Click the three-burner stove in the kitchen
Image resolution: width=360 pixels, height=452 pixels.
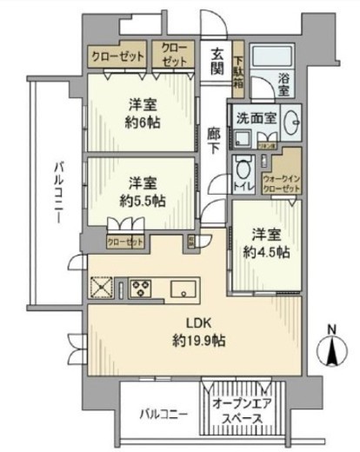pos(140,288)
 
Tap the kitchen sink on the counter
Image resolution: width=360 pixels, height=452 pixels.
pos(183,288)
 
